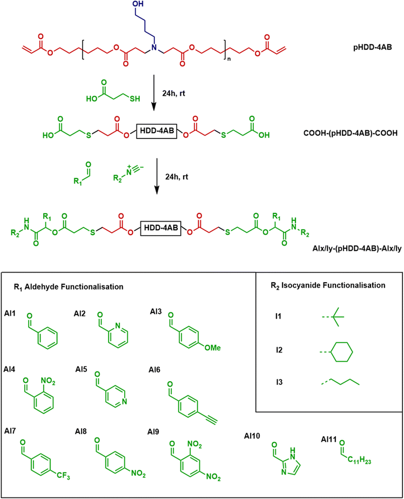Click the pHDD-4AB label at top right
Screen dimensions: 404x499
point(373,48)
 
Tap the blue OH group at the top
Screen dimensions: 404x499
point(138,4)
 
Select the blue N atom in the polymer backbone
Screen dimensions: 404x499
point(154,48)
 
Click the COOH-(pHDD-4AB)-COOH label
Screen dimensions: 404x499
point(351,132)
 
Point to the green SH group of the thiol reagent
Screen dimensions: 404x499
point(135,98)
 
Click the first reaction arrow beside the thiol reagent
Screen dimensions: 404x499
point(154,92)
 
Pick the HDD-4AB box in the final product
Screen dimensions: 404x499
point(161,228)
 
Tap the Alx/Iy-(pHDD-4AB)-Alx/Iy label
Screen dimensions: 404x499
point(357,248)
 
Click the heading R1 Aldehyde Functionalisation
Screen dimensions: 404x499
point(69,287)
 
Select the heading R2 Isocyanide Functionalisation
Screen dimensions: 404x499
point(328,285)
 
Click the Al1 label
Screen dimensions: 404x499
point(10,314)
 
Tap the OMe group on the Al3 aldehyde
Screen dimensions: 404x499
point(213,348)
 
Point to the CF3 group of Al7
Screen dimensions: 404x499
point(63,476)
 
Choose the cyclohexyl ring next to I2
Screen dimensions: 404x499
point(342,352)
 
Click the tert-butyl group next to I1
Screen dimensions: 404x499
point(336,317)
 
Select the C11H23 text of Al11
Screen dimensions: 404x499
point(359,460)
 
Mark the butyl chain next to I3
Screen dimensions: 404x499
point(340,382)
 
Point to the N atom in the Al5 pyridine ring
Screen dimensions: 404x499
point(124,402)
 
